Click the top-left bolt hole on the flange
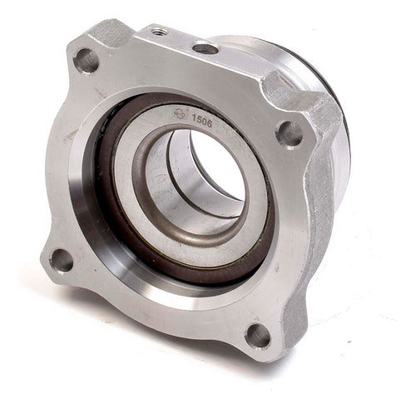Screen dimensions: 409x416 pyautogui.click(x=86, y=59)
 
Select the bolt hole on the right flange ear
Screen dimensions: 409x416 pyautogui.click(x=289, y=132)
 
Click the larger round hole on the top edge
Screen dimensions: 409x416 pyautogui.click(x=204, y=48)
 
